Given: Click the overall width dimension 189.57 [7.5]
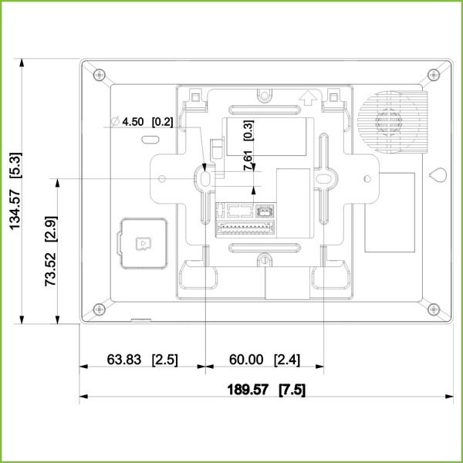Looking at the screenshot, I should pyautogui.click(x=264, y=390).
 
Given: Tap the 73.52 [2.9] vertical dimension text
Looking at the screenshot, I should pyautogui.click(x=50, y=252).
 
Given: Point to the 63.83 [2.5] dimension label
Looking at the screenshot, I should pyautogui.click(x=141, y=360).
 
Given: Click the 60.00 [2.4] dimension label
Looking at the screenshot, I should pyautogui.click(x=263, y=360).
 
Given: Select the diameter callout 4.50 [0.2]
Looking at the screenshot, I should pyautogui.click(x=142, y=121).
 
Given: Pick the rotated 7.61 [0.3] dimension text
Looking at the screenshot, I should pyautogui.click(x=248, y=147).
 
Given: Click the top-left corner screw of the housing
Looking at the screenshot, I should pyautogui.click(x=98, y=75).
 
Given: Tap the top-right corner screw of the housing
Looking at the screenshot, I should pyautogui.click(x=429, y=75).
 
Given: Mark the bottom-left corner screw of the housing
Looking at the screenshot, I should pyautogui.click(x=98, y=309).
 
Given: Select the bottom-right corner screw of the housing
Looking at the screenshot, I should pyautogui.click(x=429, y=309).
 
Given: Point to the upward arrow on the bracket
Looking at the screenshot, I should pyautogui.click(x=309, y=97).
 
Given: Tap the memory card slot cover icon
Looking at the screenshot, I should pyautogui.click(x=143, y=243).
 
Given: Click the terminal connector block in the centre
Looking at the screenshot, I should pyautogui.click(x=245, y=218).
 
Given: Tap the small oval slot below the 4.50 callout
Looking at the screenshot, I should pyautogui.click(x=150, y=140).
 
